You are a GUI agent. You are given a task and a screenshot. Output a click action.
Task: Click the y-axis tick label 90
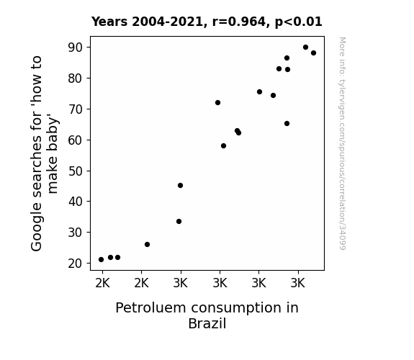(76, 48)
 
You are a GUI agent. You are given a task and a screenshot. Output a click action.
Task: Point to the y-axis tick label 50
(76, 171)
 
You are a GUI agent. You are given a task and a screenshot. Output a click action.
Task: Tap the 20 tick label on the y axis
(76, 264)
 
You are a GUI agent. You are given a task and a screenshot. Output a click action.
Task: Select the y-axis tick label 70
(76, 109)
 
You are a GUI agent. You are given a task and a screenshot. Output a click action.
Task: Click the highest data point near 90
(305, 48)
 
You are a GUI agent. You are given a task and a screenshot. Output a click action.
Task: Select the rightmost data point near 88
(313, 53)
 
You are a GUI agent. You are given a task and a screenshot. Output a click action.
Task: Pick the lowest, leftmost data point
(101, 260)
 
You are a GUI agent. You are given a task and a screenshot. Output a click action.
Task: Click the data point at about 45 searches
(180, 186)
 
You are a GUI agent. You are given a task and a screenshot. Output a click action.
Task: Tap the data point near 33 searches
(179, 221)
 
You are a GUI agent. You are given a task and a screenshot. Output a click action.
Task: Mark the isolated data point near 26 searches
(148, 245)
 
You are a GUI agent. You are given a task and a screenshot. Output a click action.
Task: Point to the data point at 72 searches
(218, 102)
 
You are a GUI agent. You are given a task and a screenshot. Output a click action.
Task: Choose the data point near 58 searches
(224, 145)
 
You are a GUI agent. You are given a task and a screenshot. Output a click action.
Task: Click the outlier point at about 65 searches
(287, 124)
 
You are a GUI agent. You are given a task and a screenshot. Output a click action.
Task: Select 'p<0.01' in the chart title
(299, 22)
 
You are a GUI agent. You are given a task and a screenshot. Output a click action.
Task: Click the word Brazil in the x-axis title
(207, 323)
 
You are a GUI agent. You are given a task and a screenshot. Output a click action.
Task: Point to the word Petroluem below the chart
(150, 308)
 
